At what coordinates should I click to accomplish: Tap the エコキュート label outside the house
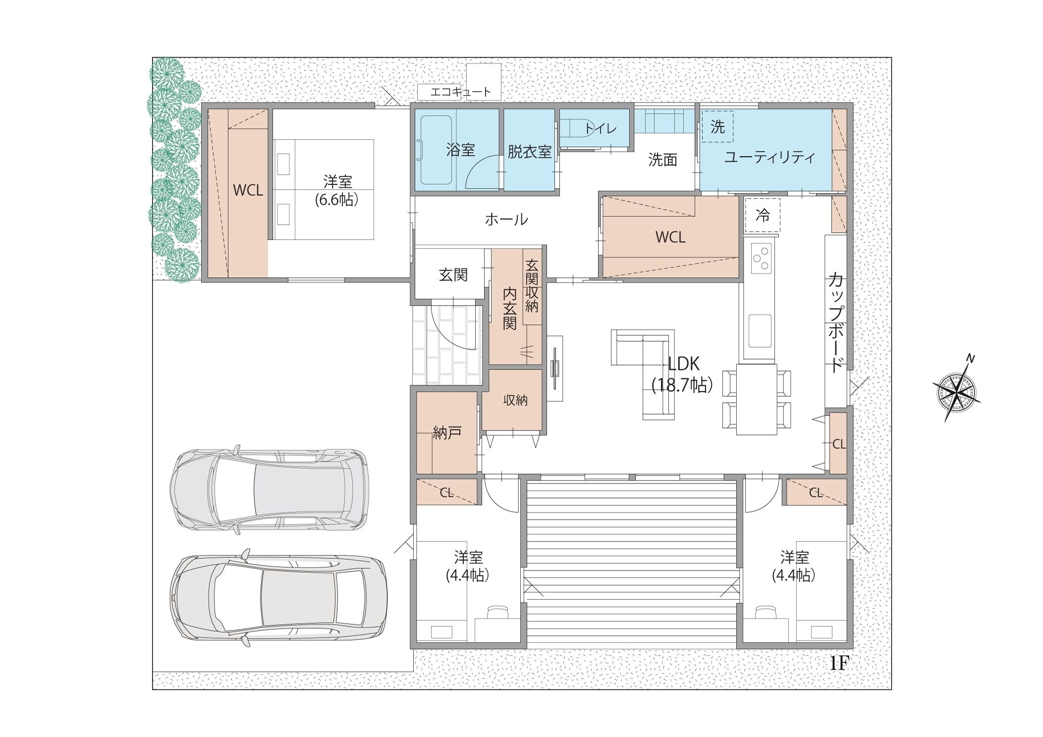click(460, 92)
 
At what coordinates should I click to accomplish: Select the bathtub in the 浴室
click(436, 150)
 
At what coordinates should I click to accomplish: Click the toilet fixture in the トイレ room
click(577, 128)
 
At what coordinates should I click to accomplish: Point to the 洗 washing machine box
click(717, 127)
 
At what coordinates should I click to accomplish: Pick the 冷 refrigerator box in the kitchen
click(763, 215)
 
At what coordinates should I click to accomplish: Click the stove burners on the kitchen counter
click(761, 259)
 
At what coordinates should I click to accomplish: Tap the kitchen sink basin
click(760, 331)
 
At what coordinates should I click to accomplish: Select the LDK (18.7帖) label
click(682, 374)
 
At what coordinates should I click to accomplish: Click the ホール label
click(506, 219)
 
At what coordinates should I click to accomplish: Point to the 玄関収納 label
click(532, 286)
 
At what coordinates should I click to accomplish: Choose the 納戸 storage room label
click(447, 432)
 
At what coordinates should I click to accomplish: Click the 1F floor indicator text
click(839, 663)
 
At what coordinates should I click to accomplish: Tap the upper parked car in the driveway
click(270, 489)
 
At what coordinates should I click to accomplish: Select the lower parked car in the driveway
click(278, 597)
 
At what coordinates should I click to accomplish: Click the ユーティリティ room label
click(769, 158)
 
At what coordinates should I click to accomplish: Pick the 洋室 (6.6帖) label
click(337, 191)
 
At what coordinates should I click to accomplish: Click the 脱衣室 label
click(529, 152)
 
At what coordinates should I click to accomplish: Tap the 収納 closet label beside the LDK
click(515, 400)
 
